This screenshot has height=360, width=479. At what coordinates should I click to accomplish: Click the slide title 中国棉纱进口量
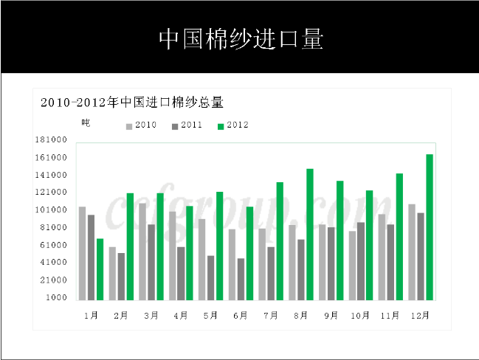coord(241,39)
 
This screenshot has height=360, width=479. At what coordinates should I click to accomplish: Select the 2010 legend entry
coord(141,125)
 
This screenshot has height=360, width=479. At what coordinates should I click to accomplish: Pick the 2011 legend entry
coord(187,125)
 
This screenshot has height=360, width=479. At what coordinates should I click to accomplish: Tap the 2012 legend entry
coord(232,125)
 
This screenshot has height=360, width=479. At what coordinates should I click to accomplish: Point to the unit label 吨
coord(86,123)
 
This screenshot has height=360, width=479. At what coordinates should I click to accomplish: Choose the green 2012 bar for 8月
coord(310,234)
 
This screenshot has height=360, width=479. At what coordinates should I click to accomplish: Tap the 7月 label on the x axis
coord(271,315)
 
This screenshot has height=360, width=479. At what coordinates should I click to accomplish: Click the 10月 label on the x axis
coord(360,315)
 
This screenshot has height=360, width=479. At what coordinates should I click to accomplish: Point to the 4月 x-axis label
coord(181,315)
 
